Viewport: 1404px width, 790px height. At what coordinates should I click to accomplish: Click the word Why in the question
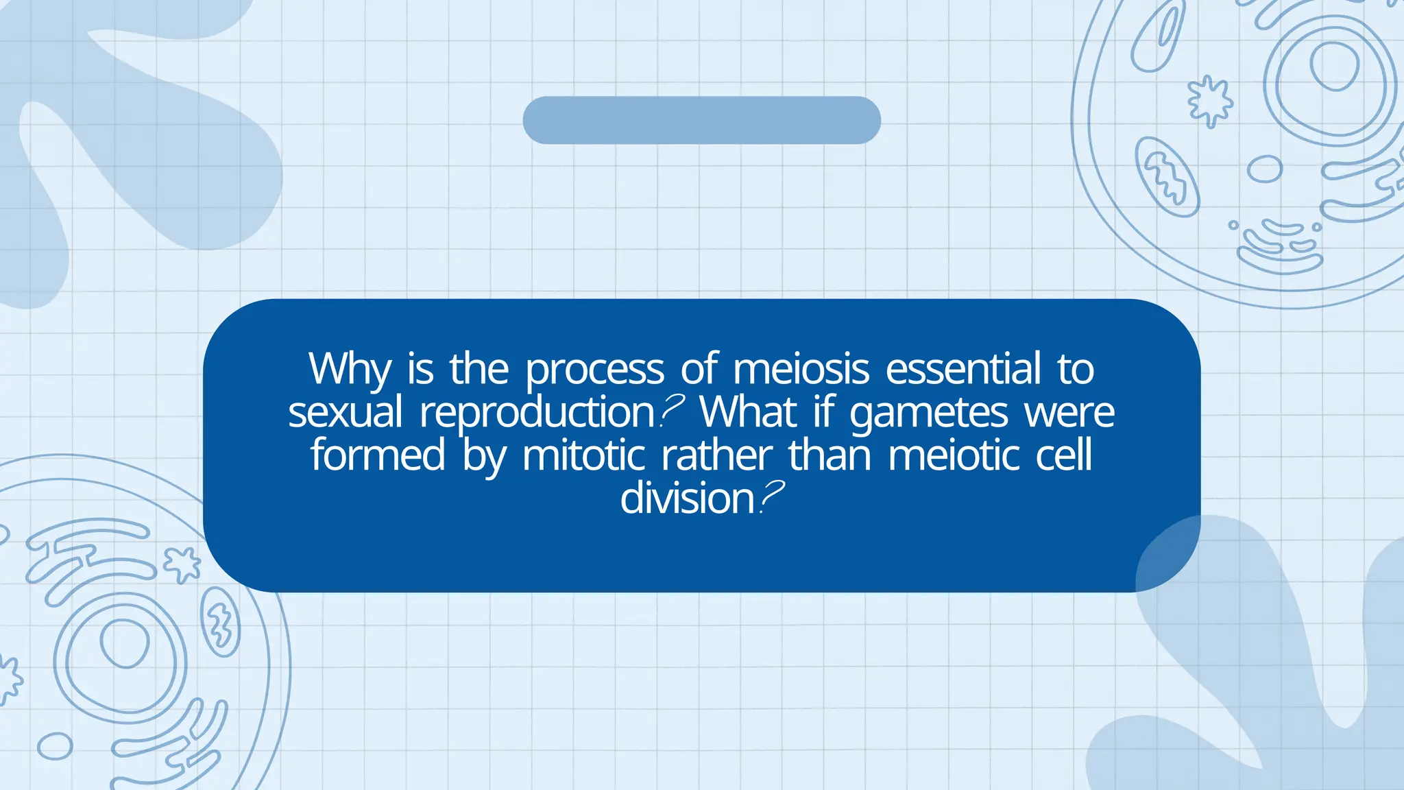coord(350,370)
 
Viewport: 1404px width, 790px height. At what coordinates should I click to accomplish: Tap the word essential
coord(963,369)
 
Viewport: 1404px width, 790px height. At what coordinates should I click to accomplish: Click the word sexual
coord(345,413)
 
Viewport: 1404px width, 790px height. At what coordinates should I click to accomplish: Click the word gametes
coord(928,413)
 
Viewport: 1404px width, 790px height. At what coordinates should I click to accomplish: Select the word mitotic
coord(583,455)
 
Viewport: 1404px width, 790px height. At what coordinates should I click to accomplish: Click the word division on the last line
coord(687,498)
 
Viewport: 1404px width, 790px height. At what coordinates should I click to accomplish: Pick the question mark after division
coord(772,496)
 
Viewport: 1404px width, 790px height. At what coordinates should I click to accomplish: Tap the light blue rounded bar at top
coord(701,120)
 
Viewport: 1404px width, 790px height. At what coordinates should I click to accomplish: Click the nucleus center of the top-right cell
coord(1334,66)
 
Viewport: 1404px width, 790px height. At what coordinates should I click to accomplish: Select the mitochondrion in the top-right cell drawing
coord(1167,176)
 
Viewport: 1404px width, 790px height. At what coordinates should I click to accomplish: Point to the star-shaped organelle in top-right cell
coord(1209,101)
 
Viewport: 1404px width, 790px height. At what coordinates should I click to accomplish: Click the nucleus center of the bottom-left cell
coord(124,643)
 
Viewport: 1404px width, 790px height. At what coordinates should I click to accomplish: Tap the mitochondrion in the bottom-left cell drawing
coord(220,621)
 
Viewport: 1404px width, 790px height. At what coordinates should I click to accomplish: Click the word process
coord(594,370)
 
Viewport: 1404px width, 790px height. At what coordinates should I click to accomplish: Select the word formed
coord(378,455)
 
